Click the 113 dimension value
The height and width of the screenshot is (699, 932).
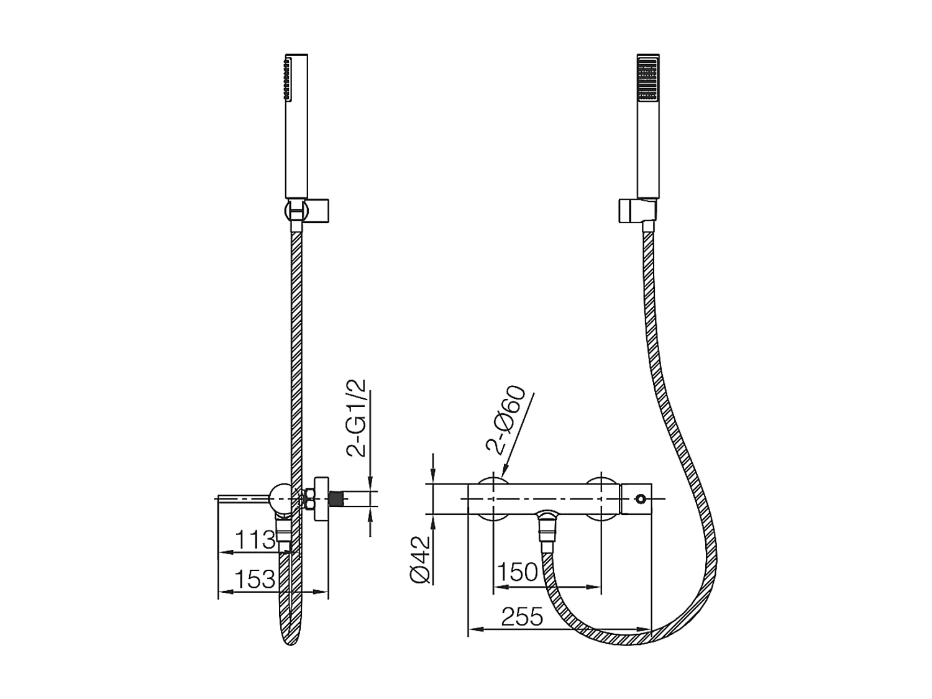(x=255, y=539)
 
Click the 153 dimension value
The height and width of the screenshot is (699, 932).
(x=255, y=579)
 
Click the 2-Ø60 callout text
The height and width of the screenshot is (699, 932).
(x=506, y=421)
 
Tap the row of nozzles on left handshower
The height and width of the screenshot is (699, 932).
(x=287, y=79)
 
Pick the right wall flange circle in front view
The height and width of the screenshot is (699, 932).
(x=602, y=498)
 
